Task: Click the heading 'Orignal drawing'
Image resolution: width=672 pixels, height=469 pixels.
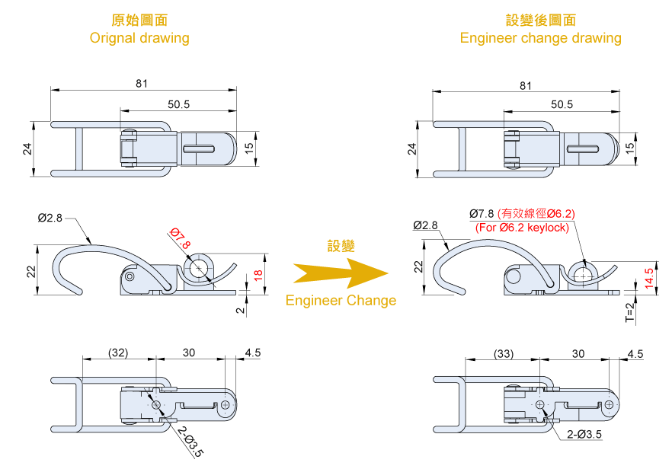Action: point(139,37)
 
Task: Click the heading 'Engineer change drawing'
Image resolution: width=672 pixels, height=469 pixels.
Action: point(540,37)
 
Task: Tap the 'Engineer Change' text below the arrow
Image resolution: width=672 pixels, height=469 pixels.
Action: point(341,300)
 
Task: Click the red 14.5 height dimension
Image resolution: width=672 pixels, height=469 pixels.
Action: point(648,277)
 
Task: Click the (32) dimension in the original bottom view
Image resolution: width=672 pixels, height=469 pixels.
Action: point(118,353)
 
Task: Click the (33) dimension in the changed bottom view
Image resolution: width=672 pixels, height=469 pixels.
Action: point(504,353)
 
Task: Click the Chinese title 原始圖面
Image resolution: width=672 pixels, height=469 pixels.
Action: point(139,20)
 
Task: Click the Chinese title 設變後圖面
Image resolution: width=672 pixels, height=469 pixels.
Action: point(540,20)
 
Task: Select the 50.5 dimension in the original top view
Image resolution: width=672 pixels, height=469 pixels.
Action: point(178,104)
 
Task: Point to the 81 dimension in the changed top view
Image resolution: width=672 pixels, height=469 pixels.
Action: point(526,87)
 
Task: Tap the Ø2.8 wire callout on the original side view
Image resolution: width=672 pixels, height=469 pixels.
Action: point(50,218)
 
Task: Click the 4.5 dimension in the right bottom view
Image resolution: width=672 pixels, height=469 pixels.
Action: point(635,353)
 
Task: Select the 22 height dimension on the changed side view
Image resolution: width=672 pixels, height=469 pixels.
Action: point(418,266)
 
